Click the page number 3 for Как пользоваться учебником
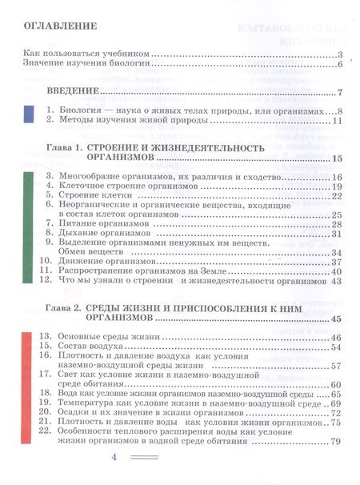340,53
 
